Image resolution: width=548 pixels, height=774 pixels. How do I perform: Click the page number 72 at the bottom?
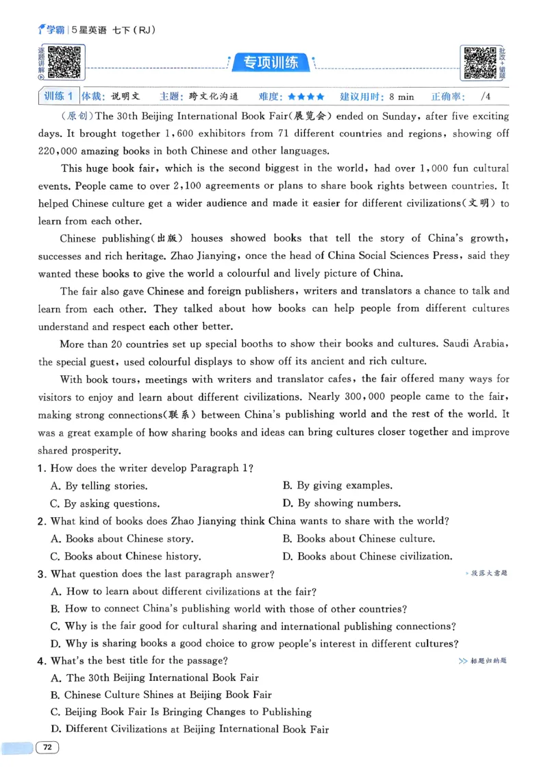[x=47, y=747]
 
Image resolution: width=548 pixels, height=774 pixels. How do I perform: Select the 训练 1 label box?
[x=58, y=97]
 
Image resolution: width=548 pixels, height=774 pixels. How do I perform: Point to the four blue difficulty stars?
[x=306, y=97]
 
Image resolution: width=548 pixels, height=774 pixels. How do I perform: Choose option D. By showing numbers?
[x=341, y=503]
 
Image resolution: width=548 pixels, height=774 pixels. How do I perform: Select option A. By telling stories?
[x=99, y=486]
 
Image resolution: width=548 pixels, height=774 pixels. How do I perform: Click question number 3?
[x=42, y=574]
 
